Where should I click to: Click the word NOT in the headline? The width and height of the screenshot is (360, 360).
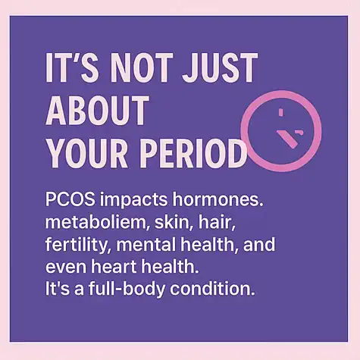click(x=142, y=67)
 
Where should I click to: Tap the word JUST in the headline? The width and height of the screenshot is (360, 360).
click(x=221, y=67)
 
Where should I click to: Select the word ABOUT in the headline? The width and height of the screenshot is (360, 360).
click(x=98, y=111)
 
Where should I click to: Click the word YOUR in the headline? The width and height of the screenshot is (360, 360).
click(x=87, y=153)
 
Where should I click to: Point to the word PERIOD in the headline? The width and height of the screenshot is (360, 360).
click(x=193, y=153)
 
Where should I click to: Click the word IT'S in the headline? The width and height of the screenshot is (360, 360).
click(x=73, y=67)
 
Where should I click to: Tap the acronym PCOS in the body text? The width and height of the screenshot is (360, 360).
click(x=70, y=199)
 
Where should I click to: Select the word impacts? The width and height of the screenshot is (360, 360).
click(x=134, y=200)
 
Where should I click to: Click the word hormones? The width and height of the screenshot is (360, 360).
click(x=218, y=199)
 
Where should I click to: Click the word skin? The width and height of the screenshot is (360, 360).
click(x=172, y=221)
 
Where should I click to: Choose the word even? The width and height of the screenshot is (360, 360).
click(x=66, y=268)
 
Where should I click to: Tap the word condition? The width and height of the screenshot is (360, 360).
click(x=212, y=289)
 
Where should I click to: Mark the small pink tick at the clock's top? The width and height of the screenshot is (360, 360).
click(x=280, y=112)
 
